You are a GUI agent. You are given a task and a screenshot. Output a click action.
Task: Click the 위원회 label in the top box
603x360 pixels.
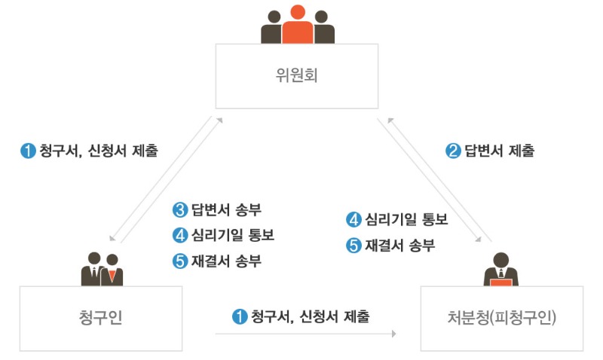click(298, 76)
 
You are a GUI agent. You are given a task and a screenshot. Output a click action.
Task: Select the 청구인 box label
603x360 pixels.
click(101, 318)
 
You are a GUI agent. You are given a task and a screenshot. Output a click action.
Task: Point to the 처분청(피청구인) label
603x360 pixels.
click(501, 318)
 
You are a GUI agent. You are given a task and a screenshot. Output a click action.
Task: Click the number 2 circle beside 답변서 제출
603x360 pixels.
click(453, 151)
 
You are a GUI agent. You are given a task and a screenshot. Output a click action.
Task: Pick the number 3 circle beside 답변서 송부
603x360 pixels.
click(179, 209)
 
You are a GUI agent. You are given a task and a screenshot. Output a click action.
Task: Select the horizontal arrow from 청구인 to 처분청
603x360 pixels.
click(305, 332)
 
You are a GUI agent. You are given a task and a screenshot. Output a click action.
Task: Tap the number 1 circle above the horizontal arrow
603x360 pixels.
click(240, 317)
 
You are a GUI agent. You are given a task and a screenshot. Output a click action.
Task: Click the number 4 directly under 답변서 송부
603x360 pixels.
click(179, 235)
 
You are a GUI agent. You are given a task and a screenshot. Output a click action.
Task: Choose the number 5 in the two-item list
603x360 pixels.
click(354, 246)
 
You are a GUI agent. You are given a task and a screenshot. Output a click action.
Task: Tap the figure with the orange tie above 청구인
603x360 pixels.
click(112, 269)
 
